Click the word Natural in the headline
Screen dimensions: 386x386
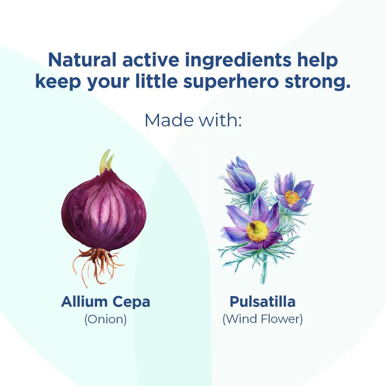82,60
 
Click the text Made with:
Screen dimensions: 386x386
193,120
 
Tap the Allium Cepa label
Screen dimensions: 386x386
106,302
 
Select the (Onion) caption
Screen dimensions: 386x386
106,319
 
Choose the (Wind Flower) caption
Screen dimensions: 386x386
263,319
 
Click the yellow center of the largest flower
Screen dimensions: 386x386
257,231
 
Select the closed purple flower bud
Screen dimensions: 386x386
240,174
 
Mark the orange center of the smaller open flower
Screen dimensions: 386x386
292,197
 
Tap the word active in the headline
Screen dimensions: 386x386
151,60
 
